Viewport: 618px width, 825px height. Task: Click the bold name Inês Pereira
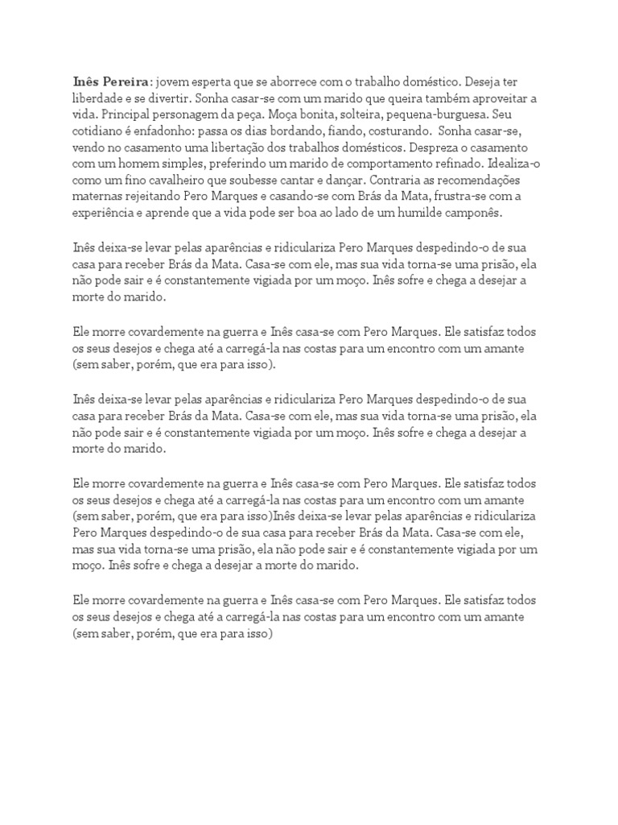coord(111,81)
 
